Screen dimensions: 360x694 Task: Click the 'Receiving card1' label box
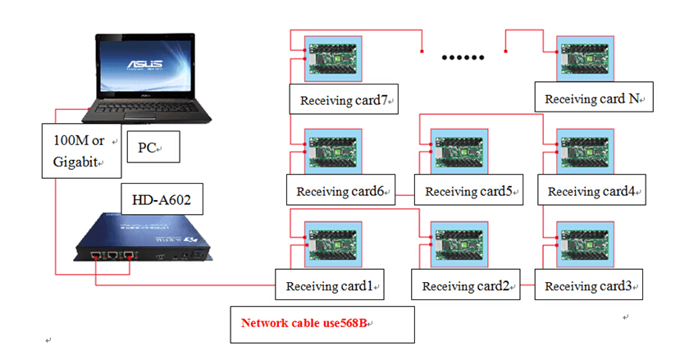[330, 285]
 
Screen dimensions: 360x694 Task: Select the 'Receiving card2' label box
[465, 285]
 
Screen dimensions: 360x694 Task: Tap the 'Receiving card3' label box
[587, 285]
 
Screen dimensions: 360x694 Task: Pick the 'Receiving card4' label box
[591, 191]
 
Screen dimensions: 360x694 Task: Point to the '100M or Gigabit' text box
[81, 149]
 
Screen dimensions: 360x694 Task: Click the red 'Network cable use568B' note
[322, 324]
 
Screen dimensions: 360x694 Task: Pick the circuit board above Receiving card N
[585, 58]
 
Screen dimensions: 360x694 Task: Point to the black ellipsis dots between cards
[463, 57]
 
